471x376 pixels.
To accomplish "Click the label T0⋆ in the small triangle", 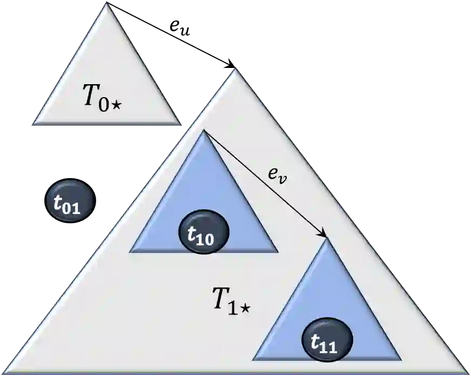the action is [103, 97].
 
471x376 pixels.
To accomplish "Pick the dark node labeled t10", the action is [204, 231].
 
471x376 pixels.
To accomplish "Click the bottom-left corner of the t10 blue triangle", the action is [130, 251].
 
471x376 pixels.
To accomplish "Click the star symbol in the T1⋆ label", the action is [245, 308].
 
